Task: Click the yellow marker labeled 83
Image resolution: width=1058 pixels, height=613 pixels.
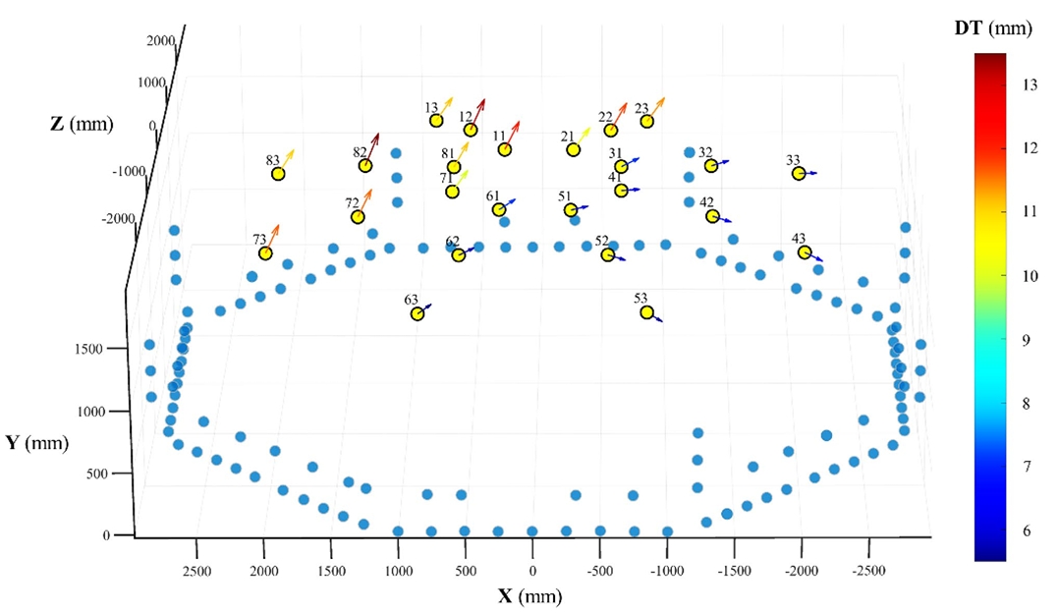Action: [278, 174]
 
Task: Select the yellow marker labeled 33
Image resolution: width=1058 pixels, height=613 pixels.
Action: [799, 173]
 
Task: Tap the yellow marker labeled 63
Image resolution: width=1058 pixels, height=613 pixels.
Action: [418, 313]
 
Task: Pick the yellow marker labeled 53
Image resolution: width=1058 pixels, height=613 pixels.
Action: [646, 312]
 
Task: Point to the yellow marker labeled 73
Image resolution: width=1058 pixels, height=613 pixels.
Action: [265, 253]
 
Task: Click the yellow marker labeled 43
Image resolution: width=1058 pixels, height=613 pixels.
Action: [804, 252]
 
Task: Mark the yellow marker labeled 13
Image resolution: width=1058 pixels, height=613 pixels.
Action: [436, 120]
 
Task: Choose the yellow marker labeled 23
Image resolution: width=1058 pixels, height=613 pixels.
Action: [646, 121]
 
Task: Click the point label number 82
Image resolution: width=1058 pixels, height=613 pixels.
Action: [360, 152]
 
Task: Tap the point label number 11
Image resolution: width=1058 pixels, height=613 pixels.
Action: [500, 136]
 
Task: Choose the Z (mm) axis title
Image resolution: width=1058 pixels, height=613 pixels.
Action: [82, 124]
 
